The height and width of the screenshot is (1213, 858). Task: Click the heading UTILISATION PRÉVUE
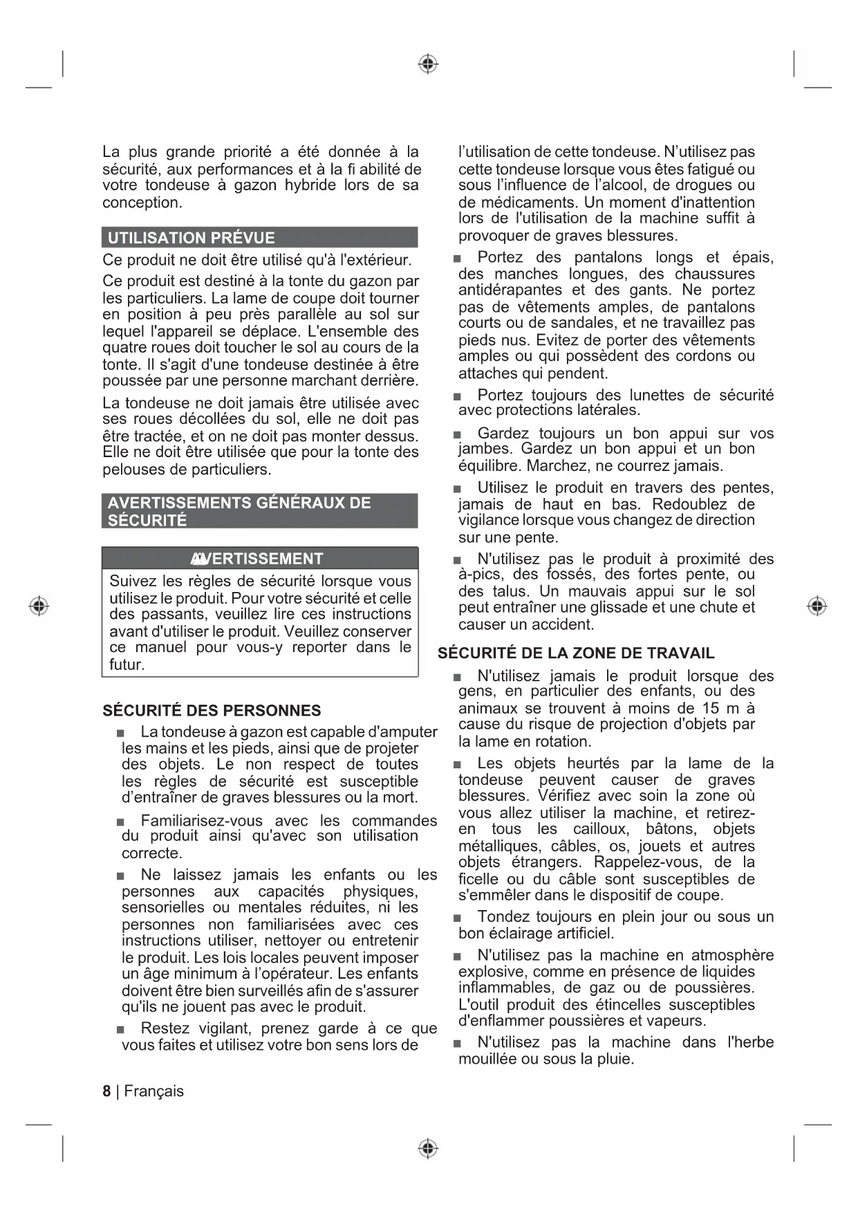192,238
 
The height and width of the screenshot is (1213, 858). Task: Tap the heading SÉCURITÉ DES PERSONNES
212,710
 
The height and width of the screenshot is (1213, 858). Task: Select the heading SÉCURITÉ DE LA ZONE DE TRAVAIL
576,653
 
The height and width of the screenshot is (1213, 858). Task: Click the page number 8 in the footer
106,1091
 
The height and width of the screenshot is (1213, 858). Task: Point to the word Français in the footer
154,1091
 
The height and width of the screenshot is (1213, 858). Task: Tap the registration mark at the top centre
429,64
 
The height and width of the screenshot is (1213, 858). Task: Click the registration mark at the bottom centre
429,1149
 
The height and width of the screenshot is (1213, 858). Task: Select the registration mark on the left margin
39,606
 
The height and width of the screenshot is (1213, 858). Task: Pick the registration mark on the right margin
817,606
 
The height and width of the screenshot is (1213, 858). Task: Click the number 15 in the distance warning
710,707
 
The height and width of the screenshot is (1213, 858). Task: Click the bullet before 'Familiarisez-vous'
121,822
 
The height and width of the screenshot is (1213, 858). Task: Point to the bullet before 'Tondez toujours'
457,918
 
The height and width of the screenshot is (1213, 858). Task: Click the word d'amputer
403,732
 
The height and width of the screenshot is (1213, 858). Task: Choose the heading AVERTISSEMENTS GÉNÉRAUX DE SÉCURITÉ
239,511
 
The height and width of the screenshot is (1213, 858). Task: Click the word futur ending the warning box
126,665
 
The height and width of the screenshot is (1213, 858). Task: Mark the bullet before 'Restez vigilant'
121,1029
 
